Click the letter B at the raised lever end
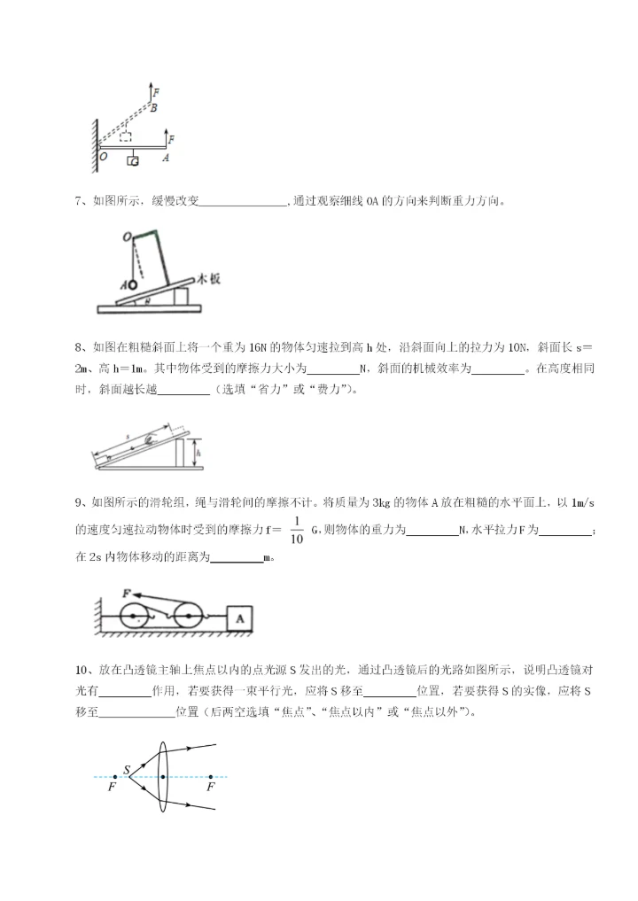(x=153, y=108)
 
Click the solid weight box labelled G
(x=133, y=160)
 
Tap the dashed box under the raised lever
(x=128, y=137)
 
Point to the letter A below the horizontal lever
(x=165, y=158)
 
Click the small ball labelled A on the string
(x=132, y=285)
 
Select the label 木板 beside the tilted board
(x=208, y=278)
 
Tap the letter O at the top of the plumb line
(x=127, y=237)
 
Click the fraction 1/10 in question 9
(x=297, y=529)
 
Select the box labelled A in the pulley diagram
(x=240, y=618)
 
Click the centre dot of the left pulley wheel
(x=135, y=615)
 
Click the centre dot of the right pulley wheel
(x=189, y=615)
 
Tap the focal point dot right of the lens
(x=210, y=777)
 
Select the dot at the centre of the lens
(x=163, y=777)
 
